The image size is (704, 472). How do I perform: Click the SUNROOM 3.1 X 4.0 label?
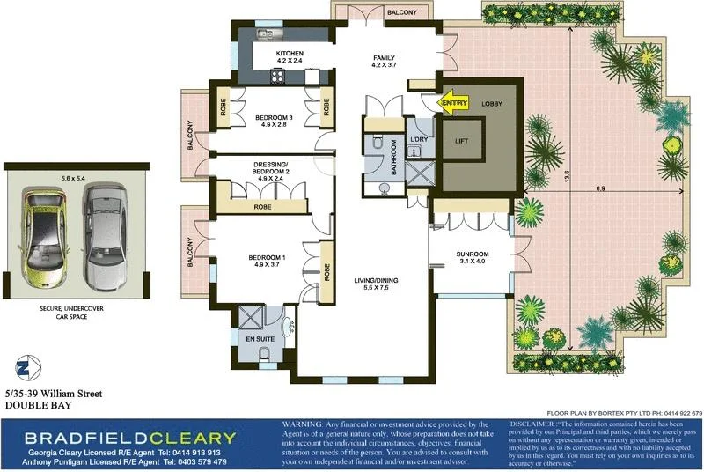coord(472,259)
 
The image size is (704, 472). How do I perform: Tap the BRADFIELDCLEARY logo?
coord(130,438)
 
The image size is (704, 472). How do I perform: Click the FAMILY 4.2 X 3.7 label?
coord(385,60)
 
